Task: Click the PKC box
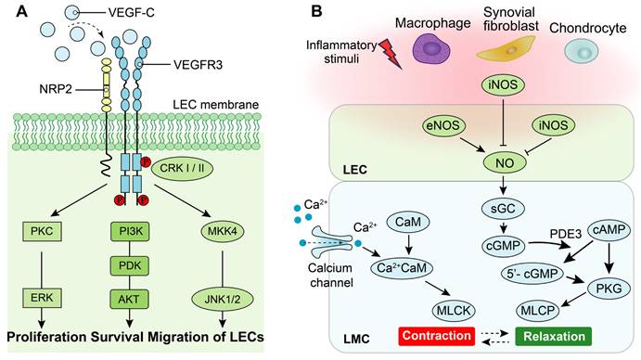point(42,231)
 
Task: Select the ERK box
point(42,298)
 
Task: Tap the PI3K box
point(130,231)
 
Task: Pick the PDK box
point(130,265)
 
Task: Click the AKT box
point(130,299)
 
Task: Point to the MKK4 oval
point(223,232)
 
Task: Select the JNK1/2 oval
point(223,299)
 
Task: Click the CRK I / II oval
point(183,168)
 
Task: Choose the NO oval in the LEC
point(505,162)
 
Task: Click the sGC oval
point(503,209)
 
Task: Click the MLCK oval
point(454,311)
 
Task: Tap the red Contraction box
point(437,336)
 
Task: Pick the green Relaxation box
point(554,336)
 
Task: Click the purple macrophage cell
point(430,48)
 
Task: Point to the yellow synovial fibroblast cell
point(506,49)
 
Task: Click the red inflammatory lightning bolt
point(392,54)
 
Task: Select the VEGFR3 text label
point(198,65)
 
